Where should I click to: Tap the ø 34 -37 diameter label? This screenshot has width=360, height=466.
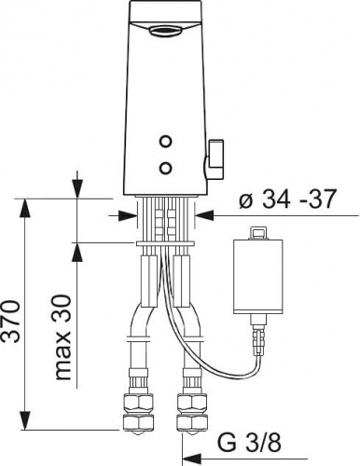coord(287,199)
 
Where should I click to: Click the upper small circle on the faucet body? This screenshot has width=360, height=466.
coord(165,142)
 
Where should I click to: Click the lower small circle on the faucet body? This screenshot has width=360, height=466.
coord(165,169)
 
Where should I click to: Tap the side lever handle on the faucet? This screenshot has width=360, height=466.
coord(215,160)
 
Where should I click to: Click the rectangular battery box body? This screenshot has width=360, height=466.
coord(257,277)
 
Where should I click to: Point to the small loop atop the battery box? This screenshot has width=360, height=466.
coord(258,233)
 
